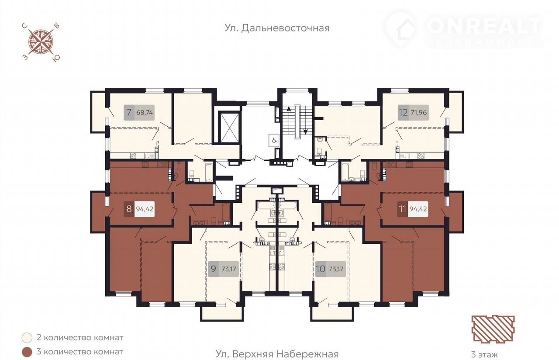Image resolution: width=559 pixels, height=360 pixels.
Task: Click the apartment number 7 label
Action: pyautogui.click(x=129, y=112)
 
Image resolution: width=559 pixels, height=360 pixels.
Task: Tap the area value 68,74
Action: pyautogui.click(x=145, y=112)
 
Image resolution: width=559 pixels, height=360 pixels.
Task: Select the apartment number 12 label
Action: pyautogui.click(x=403, y=112)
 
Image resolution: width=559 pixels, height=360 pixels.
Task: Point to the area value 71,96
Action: pyautogui.click(x=419, y=112)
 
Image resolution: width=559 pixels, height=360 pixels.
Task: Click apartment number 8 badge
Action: pyautogui.click(x=129, y=208)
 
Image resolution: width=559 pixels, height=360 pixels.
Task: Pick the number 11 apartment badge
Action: pyautogui.click(x=403, y=208)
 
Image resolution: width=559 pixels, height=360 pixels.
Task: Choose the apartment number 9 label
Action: pyautogui.click(x=214, y=269)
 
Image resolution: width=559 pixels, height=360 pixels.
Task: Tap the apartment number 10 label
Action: pyautogui.click(x=321, y=269)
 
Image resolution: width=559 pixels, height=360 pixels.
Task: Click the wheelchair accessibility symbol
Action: pyautogui.click(x=273, y=140)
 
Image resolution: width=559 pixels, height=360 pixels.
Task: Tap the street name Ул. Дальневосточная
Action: pyautogui.click(x=277, y=28)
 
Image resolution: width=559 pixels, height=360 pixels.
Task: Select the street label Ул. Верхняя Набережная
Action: pyautogui.click(x=277, y=354)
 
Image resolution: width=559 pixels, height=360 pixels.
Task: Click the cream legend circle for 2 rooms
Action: pyautogui.click(x=27, y=338)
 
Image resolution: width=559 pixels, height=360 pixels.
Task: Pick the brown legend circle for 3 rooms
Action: pyautogui.click(x=27, y=352)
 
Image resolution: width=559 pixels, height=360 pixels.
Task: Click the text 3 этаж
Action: pyautogui.click(x=484, y=354)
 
